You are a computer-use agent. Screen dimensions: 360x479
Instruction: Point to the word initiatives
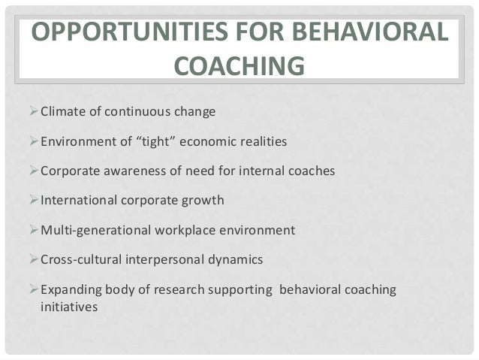(69, 307)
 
